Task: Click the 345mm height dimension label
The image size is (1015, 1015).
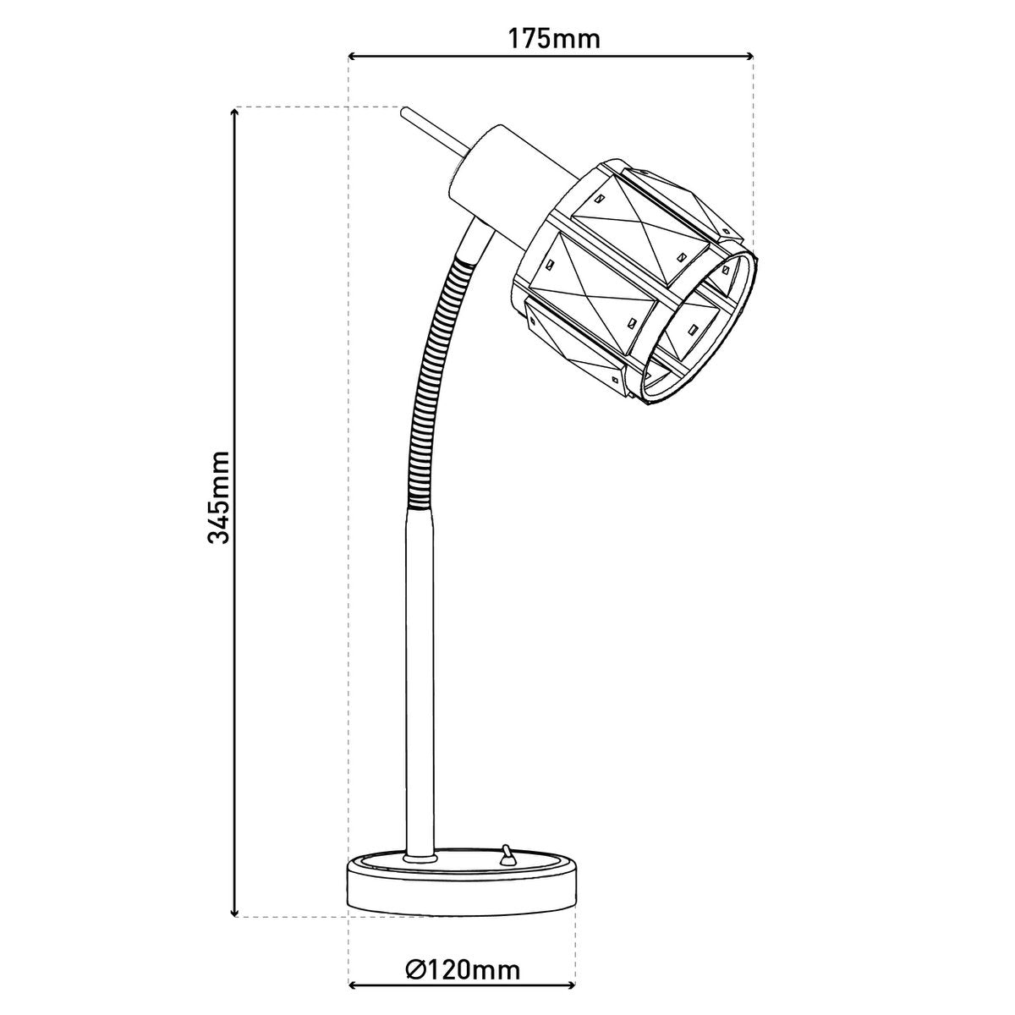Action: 218,497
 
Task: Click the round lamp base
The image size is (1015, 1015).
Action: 462,888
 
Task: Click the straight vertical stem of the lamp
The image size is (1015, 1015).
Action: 420,677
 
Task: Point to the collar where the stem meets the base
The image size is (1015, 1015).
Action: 420,858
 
